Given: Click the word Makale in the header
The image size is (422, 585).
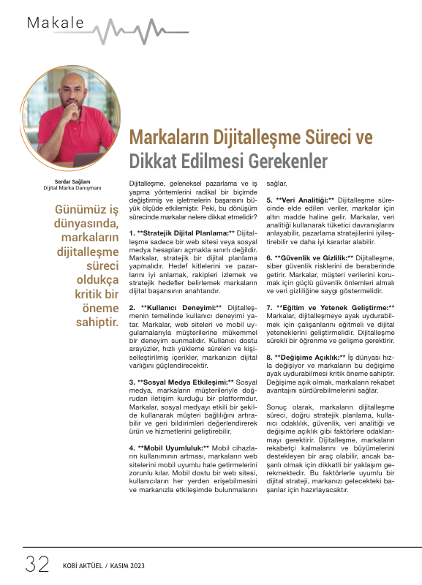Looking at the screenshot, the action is pos(56,23).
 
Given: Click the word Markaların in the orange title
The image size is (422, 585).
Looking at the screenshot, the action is pos(166,138).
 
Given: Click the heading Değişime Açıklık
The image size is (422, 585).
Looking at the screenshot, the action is pos(309,356).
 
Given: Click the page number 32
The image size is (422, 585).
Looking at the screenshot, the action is pos(37,564).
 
